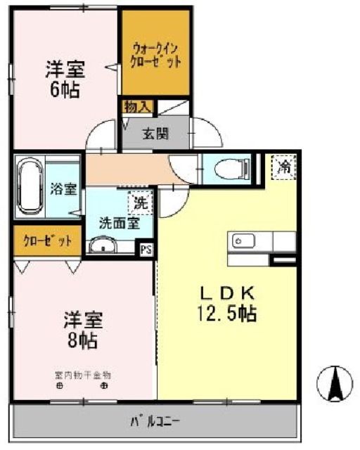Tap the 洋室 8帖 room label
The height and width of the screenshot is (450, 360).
point(84,330)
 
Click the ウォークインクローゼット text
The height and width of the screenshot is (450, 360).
point(155,54)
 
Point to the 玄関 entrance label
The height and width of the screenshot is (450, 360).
point(155,134)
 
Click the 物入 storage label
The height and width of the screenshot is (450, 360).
point(136,107)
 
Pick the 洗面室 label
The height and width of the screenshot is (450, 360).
point(118,224)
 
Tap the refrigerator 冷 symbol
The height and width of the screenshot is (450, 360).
point(284,167)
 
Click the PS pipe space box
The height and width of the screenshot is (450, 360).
point(146,249)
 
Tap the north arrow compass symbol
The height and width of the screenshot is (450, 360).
point(334,384)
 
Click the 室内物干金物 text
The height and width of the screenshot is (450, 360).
point(82,375)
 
